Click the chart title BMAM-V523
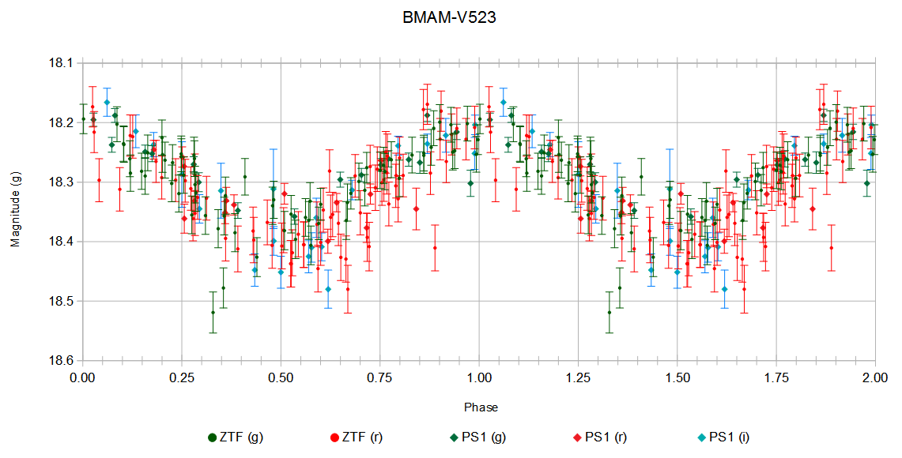point(449,17)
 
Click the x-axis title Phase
point(481,407)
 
